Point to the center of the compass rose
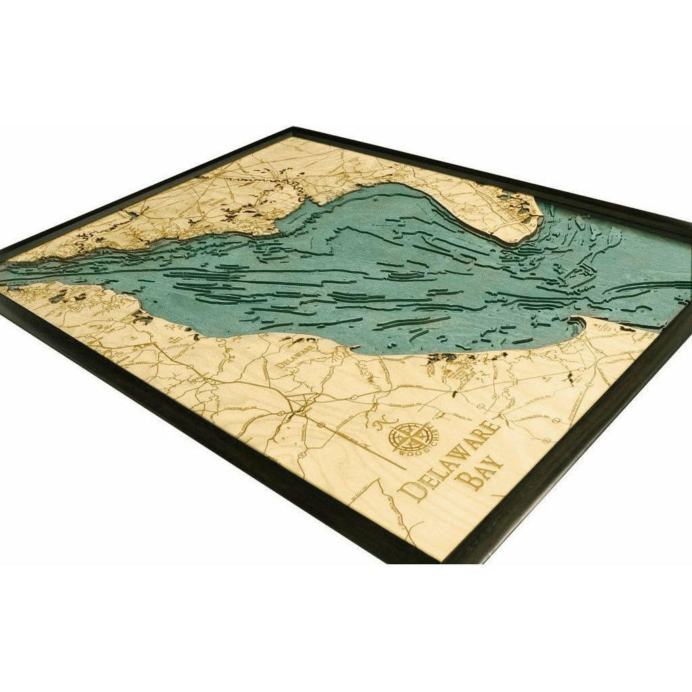point(412,437)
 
